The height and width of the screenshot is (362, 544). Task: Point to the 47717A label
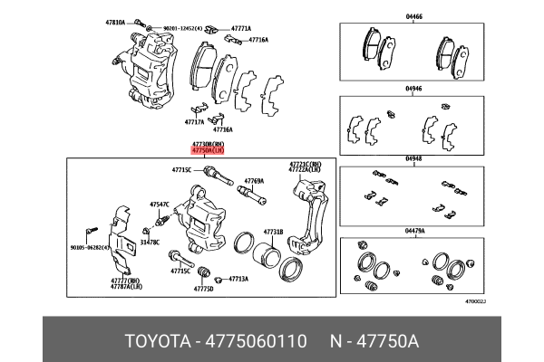pyautogui.click(x=195, y=121)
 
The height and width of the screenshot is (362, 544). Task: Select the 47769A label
pyautogui.click(x=254, y=180)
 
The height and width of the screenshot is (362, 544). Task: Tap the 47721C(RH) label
pyautogui.click(x=305, y=163)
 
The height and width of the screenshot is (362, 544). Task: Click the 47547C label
pyautogui.click(x=160, y=205)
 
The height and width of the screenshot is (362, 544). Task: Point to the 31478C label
pyautogui.click(x=151, y=243)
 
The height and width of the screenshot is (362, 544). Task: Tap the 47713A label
pyautogui.click(x=238, y=279)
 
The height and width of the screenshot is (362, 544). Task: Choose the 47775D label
pyautogui.click(x=203, y=290)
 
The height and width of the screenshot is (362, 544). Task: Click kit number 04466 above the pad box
pyautogui.click(x=413, y=15)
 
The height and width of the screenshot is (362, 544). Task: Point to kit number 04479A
pyautogui.click(x=414, y=232)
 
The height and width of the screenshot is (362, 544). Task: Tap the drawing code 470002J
pyautogui.click(x=475, y=300)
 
